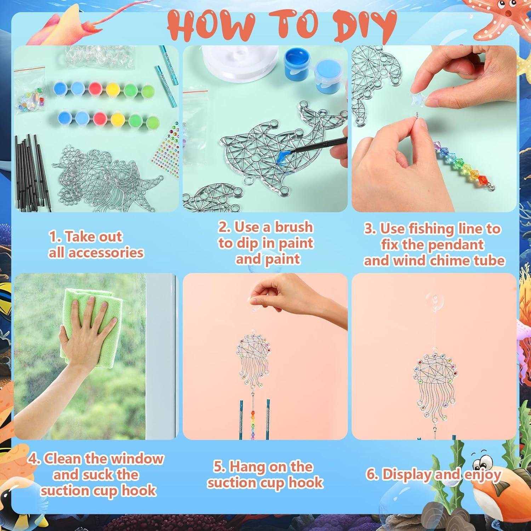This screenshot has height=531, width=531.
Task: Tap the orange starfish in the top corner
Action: click(503, 21)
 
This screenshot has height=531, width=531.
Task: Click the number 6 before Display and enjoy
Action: click(372, 474)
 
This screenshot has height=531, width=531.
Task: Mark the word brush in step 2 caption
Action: click(294, 227)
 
